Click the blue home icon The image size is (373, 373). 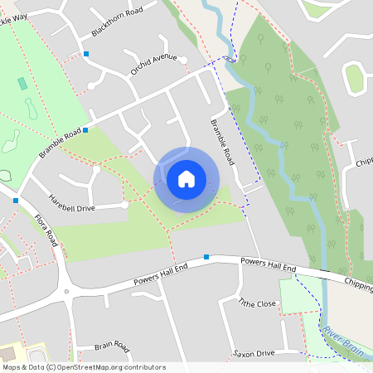(x=186, y=178)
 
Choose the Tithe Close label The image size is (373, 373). (x=257, y=304)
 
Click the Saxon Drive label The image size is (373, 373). (x=254, y=354)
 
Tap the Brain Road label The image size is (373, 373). (x=112, y=346)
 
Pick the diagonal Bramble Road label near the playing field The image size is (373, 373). (x=60, y=143)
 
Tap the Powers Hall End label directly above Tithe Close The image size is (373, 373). (x=268, y=266)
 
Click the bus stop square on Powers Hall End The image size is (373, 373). (x=206, y=257)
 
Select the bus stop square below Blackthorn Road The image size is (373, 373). (x=86, y=54)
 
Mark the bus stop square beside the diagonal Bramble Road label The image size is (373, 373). (x=85, y=129)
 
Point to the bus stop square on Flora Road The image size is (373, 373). (x=16, y=200)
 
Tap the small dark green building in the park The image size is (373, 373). (x=22, y=84)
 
